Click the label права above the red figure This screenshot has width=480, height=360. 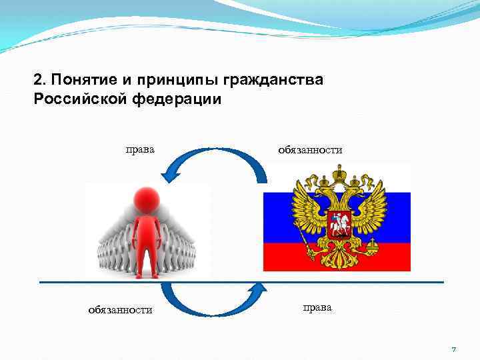pos(140,149)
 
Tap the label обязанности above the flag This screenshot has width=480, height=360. pos(310,150)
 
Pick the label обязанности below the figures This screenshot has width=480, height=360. pos(121,309)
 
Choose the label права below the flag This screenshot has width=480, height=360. pos(317,307)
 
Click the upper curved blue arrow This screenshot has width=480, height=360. pos(213,160)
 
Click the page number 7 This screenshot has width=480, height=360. pos(454,349)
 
